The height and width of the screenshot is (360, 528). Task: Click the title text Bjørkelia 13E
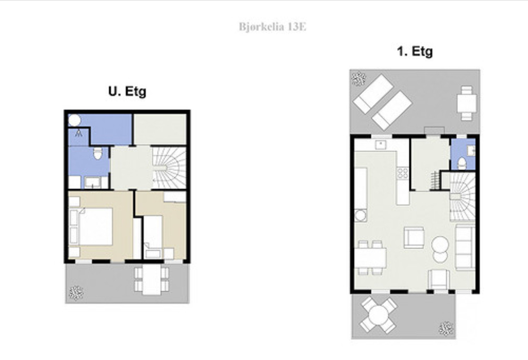272,27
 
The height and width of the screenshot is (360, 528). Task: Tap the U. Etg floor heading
127,91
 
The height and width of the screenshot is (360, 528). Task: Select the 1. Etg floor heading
415,52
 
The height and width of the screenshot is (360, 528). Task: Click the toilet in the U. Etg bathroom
97,153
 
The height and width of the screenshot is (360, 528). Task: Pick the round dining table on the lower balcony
378,315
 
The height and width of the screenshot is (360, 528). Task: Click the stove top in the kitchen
403,173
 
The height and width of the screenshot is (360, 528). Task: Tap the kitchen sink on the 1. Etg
381,145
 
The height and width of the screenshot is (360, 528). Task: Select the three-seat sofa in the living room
465,247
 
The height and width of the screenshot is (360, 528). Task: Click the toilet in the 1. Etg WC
462,163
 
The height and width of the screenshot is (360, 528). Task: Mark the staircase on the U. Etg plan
169,168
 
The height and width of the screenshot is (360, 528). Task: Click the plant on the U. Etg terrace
76,292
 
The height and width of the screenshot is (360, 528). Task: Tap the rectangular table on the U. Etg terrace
152,280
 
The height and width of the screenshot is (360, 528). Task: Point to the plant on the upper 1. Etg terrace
359,78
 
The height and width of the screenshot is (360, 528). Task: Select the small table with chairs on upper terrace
467,103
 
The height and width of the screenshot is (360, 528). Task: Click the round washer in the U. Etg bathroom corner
74,120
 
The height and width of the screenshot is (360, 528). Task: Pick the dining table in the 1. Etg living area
370,258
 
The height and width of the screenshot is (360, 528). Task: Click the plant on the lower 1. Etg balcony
446,329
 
